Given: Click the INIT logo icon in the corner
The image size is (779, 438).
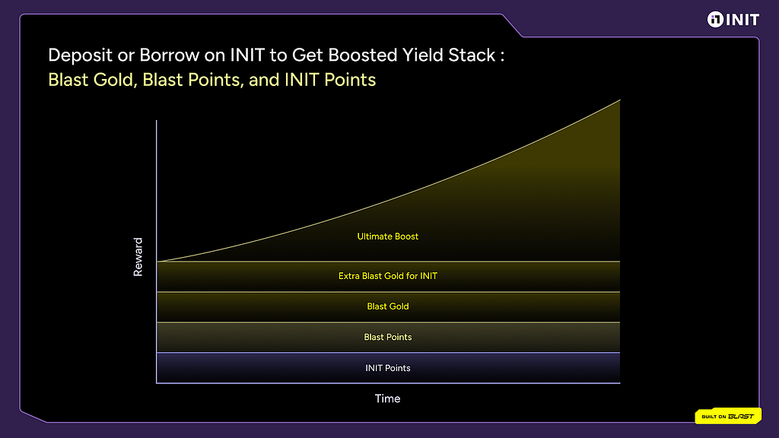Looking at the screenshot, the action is coord(715,19).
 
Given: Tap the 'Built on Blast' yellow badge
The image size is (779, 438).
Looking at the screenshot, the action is coord(728,416).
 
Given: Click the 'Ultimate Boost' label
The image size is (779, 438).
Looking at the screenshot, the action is coord(387,236).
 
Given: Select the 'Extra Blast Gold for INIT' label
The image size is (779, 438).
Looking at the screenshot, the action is coord(387,275).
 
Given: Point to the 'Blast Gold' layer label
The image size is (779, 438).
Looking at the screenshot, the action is coord(387,306).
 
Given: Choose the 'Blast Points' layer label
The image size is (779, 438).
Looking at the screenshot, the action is coord(387,337).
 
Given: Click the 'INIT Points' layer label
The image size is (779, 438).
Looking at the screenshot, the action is coord(387,368).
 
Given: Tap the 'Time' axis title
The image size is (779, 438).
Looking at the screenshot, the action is coord(387,398).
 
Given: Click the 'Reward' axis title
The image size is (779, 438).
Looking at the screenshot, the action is coord(138,257).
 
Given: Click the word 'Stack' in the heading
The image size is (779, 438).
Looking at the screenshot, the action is coord(472,55).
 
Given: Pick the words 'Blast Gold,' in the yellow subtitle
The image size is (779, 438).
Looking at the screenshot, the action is coord(93,80).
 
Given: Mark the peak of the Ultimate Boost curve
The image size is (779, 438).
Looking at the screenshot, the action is coord(619,100).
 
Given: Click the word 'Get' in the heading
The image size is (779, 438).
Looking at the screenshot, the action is coord(307,55).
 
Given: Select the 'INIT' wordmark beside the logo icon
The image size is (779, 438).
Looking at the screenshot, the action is coord(742,20).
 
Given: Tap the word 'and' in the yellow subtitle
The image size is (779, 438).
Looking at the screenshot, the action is coord(264,80).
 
